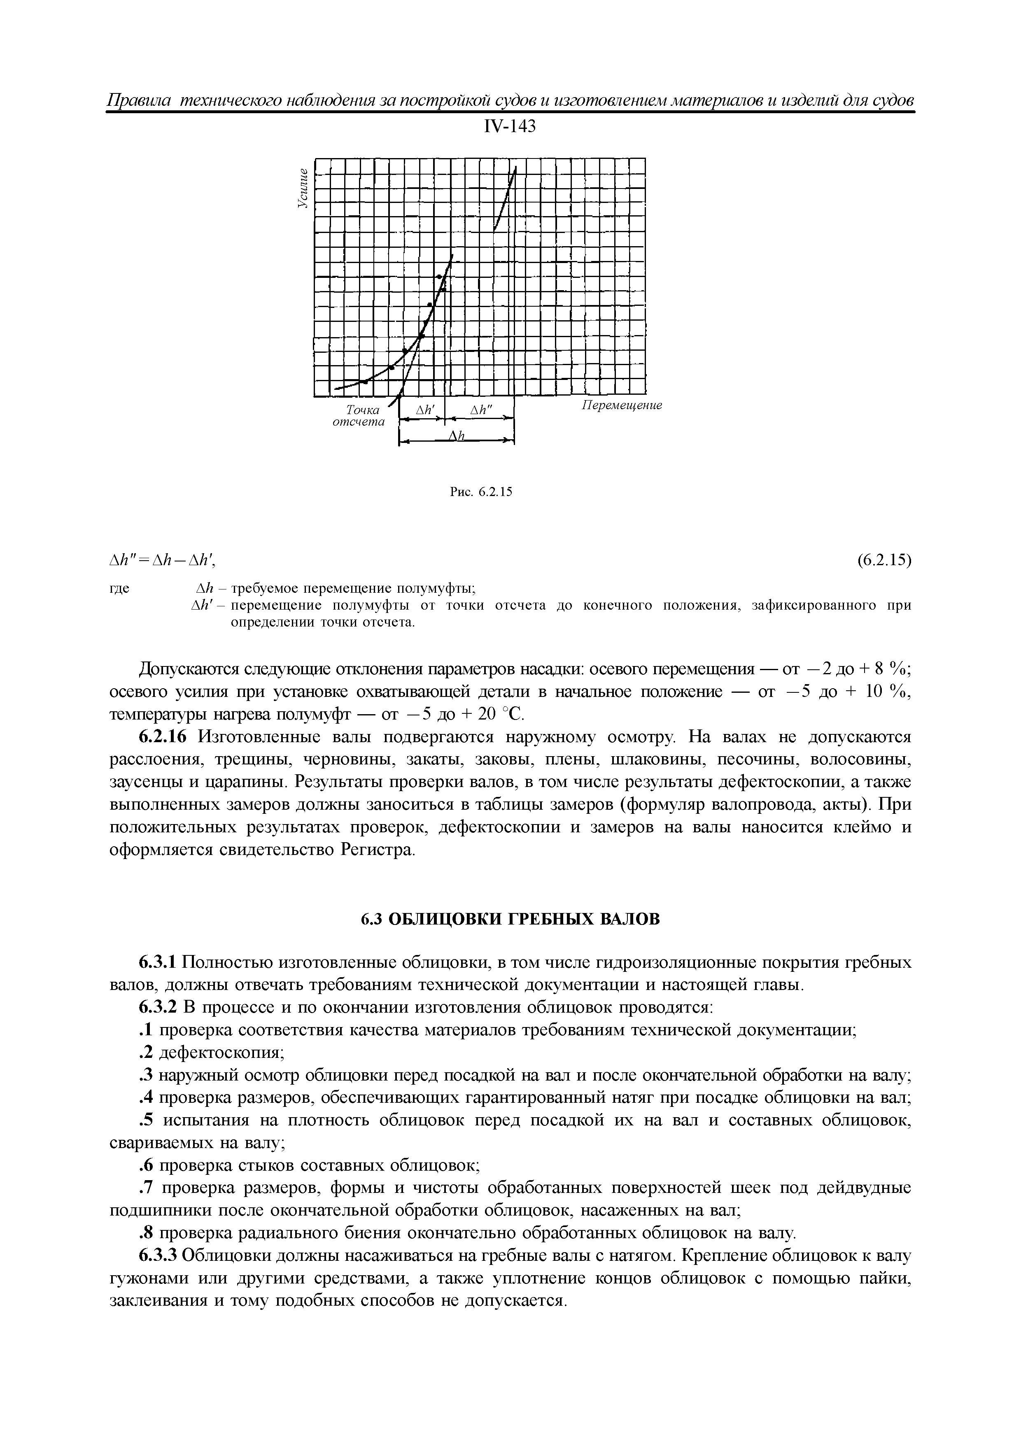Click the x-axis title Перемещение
click(x=620, y=405)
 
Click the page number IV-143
click(x=510, y=127)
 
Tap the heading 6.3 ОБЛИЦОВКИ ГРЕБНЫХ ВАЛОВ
click(x=510, y=920)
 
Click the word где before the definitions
click(x=119, y=589)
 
